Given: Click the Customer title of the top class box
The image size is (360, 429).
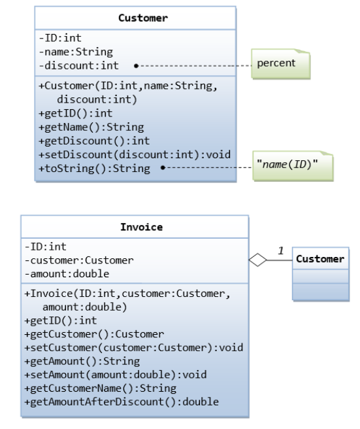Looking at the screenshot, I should [x=143, y=18].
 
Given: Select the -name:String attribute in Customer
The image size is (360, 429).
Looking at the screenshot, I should [x=76, y=52].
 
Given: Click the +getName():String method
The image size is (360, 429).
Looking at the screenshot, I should [x=91, y=127].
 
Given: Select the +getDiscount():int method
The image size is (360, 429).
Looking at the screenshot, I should [x=94, y=141].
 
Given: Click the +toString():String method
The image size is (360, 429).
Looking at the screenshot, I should [x=94, y=168].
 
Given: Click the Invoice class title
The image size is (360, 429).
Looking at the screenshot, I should [x=141, y=228].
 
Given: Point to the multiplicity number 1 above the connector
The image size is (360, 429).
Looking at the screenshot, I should [x=281, y=251].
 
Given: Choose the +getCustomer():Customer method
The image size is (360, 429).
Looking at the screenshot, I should [x=93, y=334].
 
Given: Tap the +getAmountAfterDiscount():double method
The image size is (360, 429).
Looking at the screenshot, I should [x=121, y=402].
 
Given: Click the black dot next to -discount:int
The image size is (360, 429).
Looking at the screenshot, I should [x=135, y=65].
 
